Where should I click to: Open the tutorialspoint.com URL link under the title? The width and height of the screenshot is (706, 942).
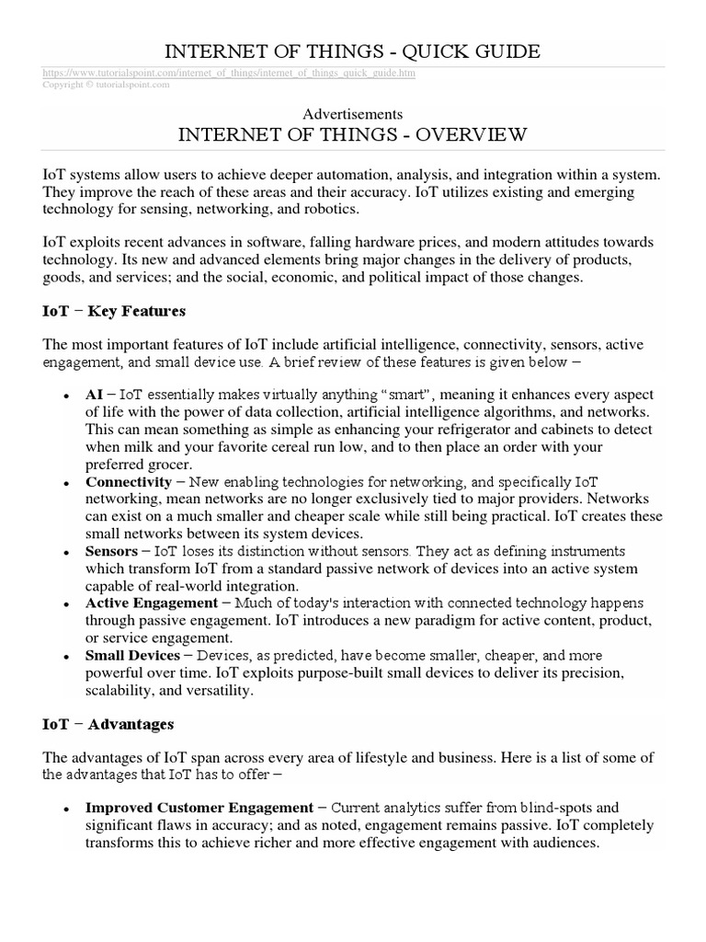click(229, 73)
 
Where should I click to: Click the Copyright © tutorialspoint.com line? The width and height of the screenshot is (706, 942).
click(106, 84)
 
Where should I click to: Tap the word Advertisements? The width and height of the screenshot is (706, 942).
click(353, 114)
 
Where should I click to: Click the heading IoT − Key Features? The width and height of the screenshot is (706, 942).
click(114, 311)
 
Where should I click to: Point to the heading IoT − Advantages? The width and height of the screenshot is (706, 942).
click(108, 724)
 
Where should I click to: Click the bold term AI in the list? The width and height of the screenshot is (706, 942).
click(95, 393)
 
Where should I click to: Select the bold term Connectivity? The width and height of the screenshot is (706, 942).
click(129, 482)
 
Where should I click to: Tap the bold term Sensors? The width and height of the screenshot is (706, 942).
click(112, 551)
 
